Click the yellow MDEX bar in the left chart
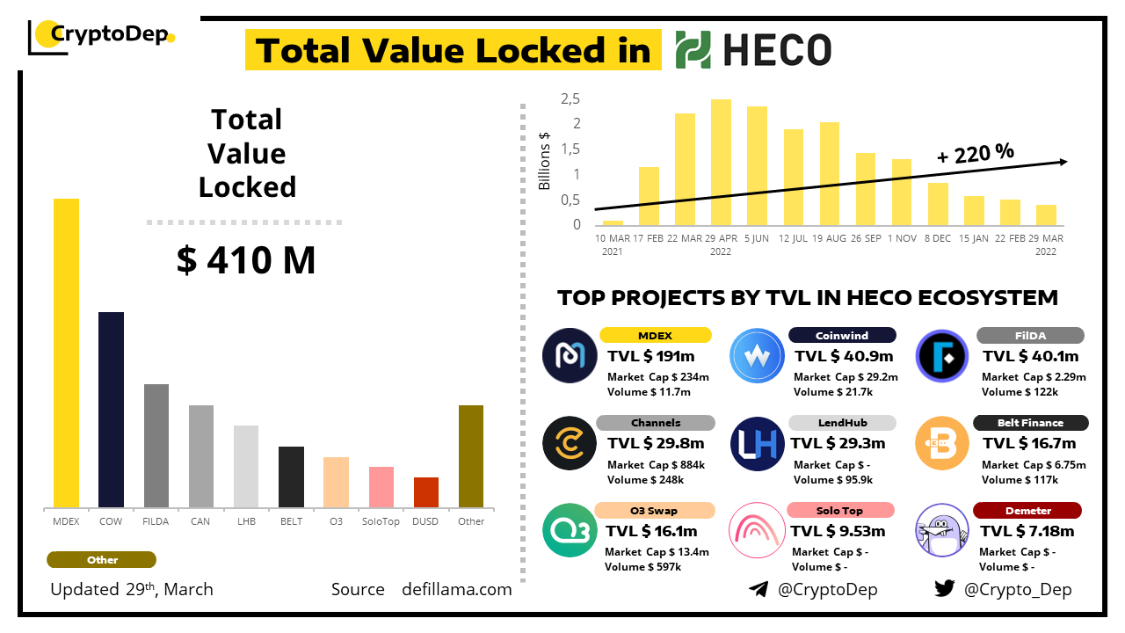click(x=67, y=353)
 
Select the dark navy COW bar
click(x=111, y=410)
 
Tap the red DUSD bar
click(x=426, y=492)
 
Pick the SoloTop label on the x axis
click(x=381, y=521)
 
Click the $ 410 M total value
click(x=246, y=260)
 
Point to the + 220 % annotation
click(x=976, y=154)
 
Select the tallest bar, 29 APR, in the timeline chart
click(x=721, y=162)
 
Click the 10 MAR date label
click(x=612, y=238)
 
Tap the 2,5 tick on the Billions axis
click(x=570, y=98)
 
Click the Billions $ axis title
click(x=545, y=160)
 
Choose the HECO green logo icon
click(x=693, y=50)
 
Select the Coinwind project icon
click(x=757, y=355)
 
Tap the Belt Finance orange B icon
click(x=941, y=443)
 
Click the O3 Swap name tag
click(x=654, y=511)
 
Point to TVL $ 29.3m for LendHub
click(x=838, y=443)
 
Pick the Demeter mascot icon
click(x=941, y=530)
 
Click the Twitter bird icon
click(x=945, y=589)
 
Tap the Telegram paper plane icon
click(x=758, y=589)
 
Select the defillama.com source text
click(x=456, y=589)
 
